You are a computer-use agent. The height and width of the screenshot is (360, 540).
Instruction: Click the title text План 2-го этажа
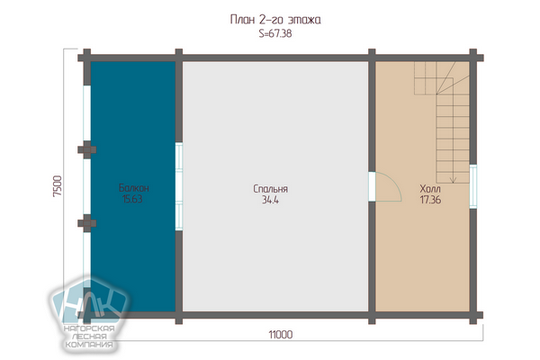coord(275,20)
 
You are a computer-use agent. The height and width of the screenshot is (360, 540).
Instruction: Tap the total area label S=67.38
coord(275,34)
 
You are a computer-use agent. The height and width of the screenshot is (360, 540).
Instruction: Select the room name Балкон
coord(133,188)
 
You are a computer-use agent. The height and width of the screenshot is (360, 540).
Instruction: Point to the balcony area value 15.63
coord(132,199)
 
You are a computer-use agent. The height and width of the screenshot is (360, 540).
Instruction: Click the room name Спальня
coord(270,189)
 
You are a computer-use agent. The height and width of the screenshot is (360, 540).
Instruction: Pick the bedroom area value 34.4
coord(270,200)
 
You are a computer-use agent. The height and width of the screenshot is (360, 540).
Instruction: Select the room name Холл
coord(430,189)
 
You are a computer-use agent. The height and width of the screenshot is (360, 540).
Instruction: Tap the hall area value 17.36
coord(430,200)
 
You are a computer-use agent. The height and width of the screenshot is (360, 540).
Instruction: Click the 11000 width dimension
coord(281,335)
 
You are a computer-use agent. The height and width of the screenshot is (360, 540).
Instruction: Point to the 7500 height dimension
coord(58,186)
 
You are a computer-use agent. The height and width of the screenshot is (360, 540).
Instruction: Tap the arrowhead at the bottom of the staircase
coord(454,179)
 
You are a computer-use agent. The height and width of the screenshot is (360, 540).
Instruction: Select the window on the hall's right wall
coord(473,186)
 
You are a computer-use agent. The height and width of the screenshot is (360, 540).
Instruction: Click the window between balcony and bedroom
coord(179,186)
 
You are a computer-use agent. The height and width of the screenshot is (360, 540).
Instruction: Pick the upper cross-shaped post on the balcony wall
coord(86,150)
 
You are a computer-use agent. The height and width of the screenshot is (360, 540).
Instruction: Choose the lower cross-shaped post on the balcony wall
coord(86,223)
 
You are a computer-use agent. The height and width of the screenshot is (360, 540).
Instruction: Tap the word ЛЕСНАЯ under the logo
coord(89,337)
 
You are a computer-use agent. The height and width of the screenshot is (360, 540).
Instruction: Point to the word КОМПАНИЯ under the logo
coord(89,345)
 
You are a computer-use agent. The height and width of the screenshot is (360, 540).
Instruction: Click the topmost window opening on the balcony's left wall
coord(86,113)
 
